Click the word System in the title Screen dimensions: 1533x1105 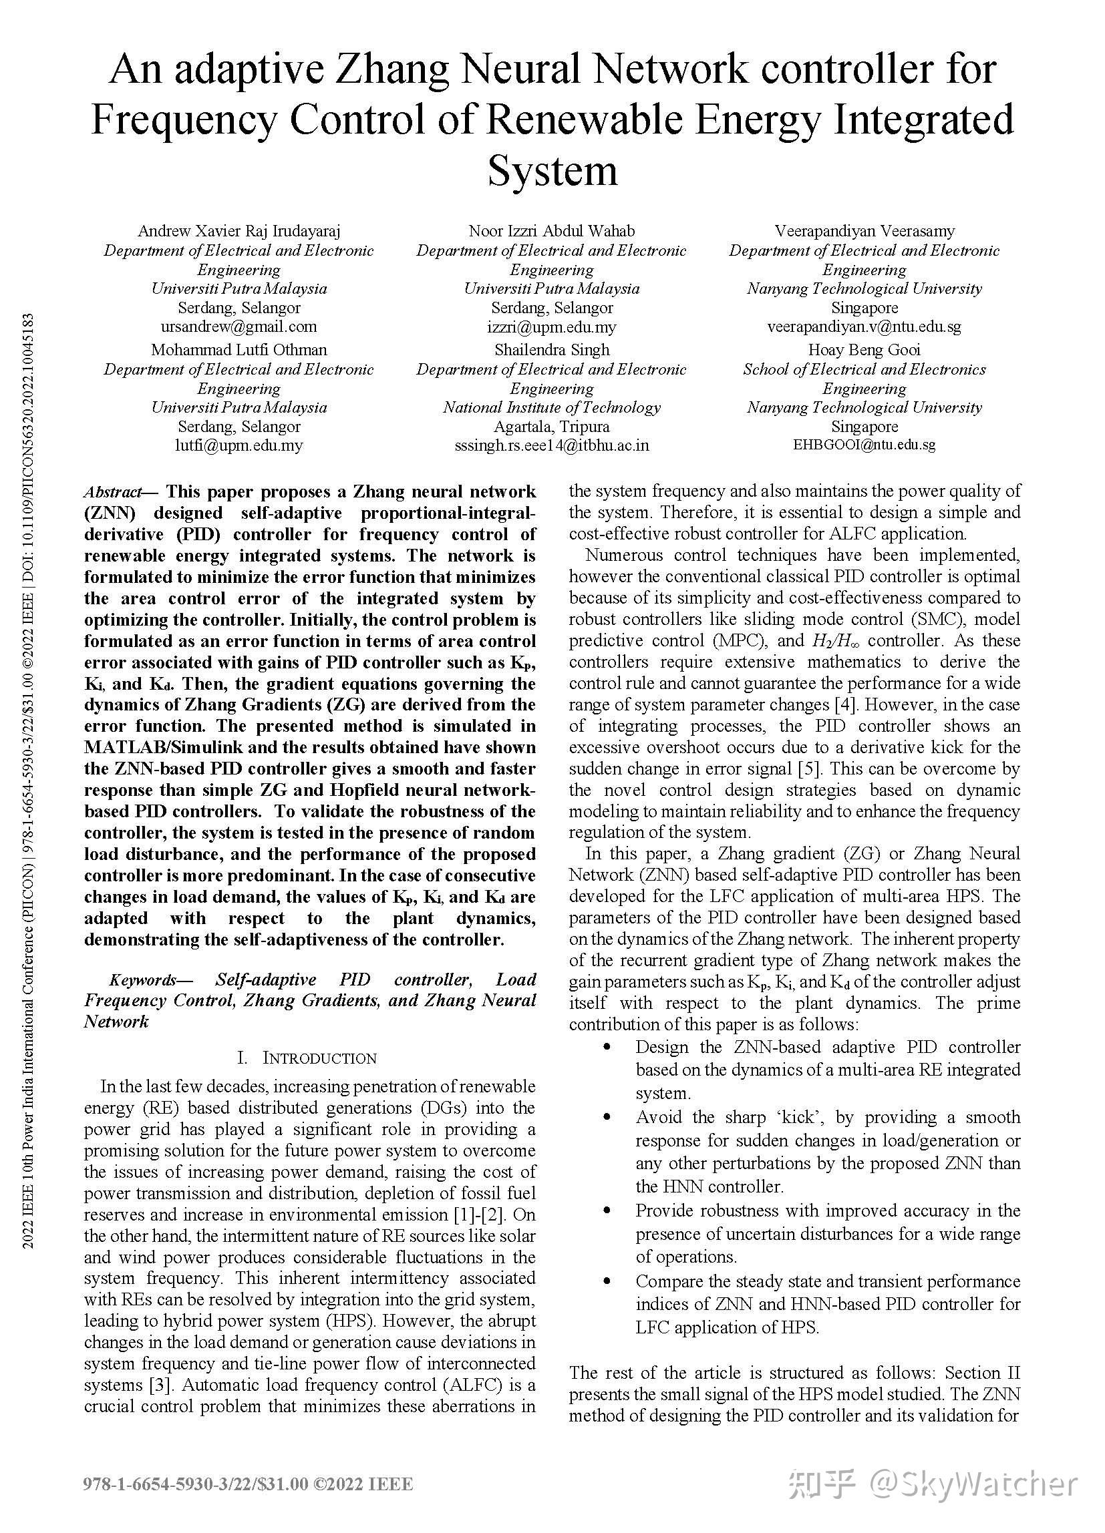[x=552, y=171]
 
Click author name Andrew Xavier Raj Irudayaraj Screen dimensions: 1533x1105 [x=239, y=231]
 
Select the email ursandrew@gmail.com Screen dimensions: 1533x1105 [x=239, y=326]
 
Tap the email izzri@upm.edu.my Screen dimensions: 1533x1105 [x=552, y=327]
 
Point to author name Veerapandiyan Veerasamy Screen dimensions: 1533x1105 [x=864, y=231]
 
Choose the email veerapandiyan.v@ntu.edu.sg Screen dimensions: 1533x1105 [x=864, y=326]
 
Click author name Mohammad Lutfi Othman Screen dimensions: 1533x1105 [x=239, y=350]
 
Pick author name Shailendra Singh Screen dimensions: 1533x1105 [x=552, y=350]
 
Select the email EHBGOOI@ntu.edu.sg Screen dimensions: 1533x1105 [x=864, y=445]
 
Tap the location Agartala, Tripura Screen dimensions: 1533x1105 [x=552, y=427]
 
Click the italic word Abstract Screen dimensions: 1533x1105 [x=113, y=492]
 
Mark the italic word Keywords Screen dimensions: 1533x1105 [x=142, y=979]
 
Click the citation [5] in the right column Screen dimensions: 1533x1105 [x=810, y=769]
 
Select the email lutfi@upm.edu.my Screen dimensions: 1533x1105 [x=239, y=445]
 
